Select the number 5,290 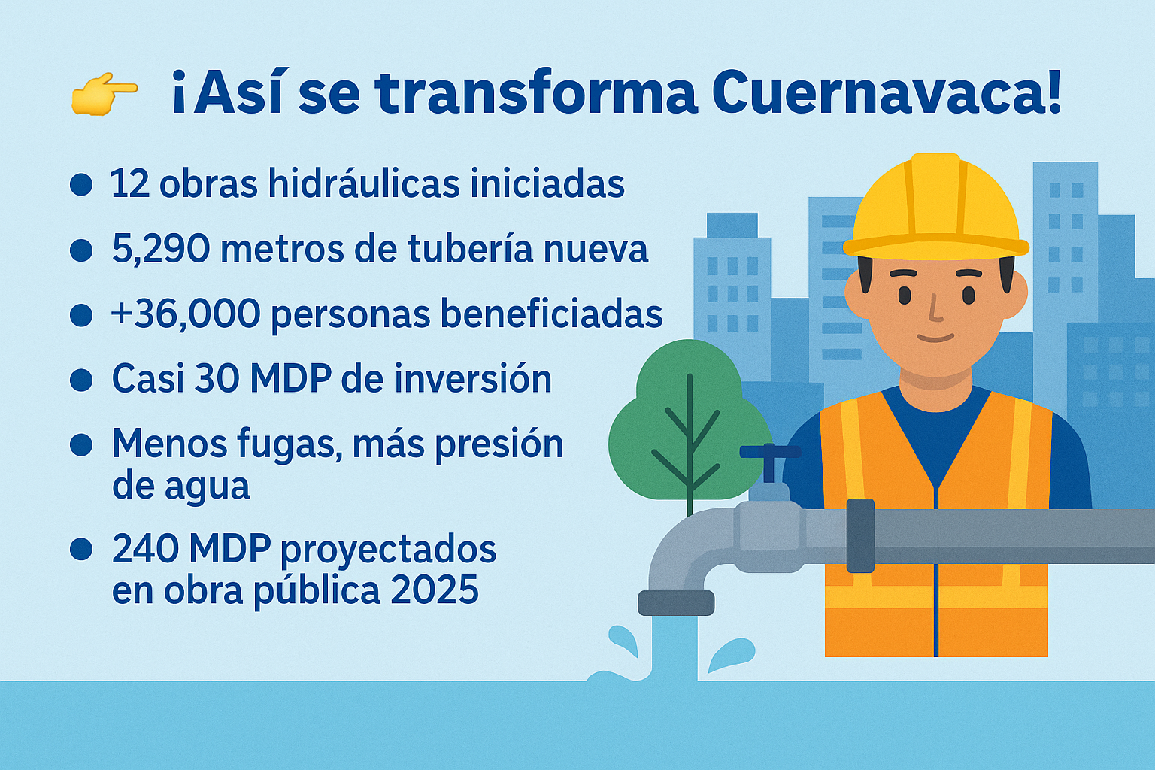[161, 250]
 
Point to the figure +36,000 [186, 314]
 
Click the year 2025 [435, 590]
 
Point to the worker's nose [935, 308]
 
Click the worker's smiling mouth [935, 338]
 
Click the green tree [690, 423]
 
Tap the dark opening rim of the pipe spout [676, 603]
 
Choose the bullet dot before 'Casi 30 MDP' [81, 380]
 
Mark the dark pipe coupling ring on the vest [860, 535]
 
